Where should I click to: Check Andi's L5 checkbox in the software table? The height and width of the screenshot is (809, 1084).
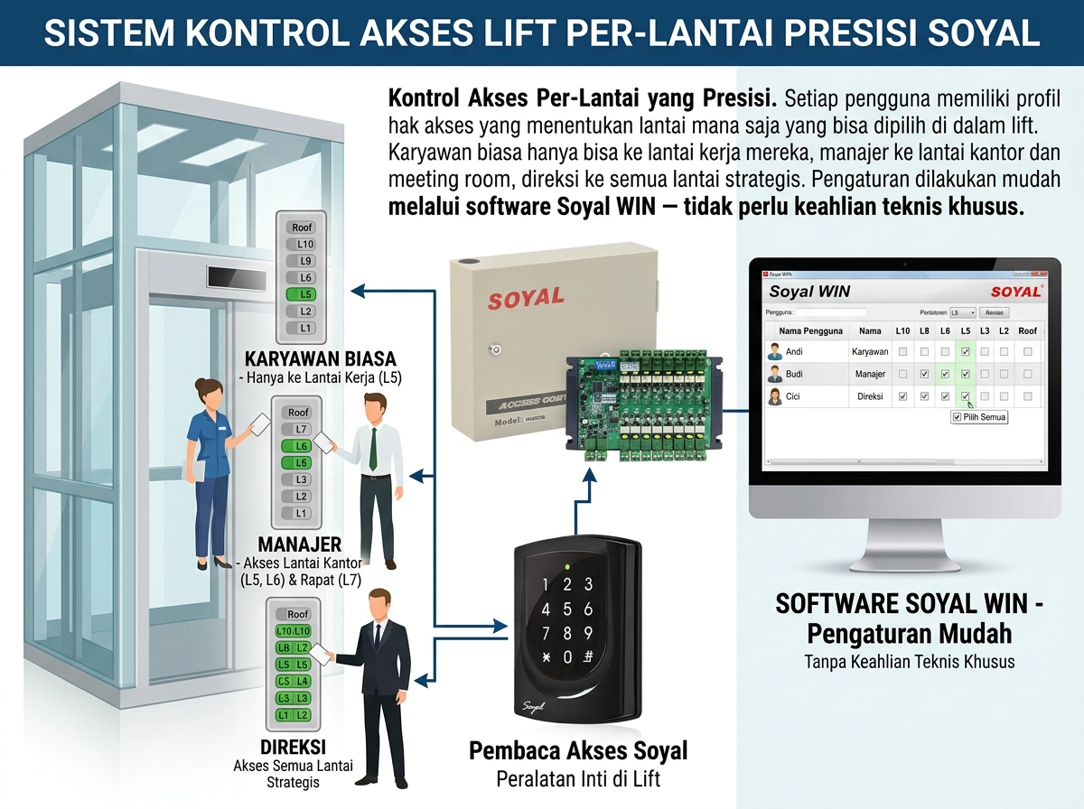[966, 352]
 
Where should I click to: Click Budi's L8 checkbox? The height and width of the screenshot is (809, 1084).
[924, 374]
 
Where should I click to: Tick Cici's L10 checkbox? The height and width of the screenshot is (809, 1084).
[903, 396]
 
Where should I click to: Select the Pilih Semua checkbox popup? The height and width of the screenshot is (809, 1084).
[979, 417]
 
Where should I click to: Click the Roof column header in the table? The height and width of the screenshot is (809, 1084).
[1027, 331]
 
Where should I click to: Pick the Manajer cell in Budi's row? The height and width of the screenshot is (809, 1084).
[870, 374]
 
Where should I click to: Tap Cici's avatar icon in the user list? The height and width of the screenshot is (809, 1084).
[774, 396]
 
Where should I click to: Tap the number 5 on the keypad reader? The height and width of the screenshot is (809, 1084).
[567, 609]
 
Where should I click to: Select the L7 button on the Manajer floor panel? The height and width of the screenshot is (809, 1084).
[302, 429]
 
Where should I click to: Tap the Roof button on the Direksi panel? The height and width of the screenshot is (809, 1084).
[297, 614]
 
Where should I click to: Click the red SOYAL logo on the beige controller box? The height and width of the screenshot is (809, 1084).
[526, 298]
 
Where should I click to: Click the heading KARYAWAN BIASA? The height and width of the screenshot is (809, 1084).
[321, 359]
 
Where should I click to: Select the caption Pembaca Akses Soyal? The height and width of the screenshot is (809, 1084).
[578, 751]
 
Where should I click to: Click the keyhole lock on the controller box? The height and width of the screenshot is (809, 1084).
[497, 349]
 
